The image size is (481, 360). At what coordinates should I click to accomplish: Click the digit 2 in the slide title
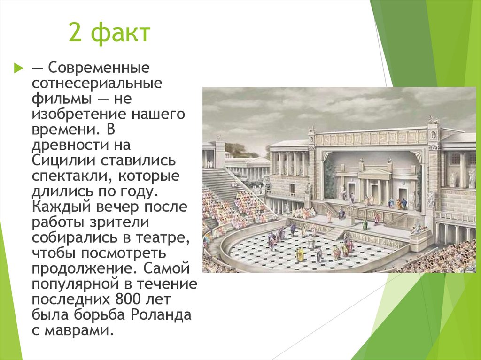tap(75, 34)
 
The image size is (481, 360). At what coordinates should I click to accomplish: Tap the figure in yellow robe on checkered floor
tap(299, 255)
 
